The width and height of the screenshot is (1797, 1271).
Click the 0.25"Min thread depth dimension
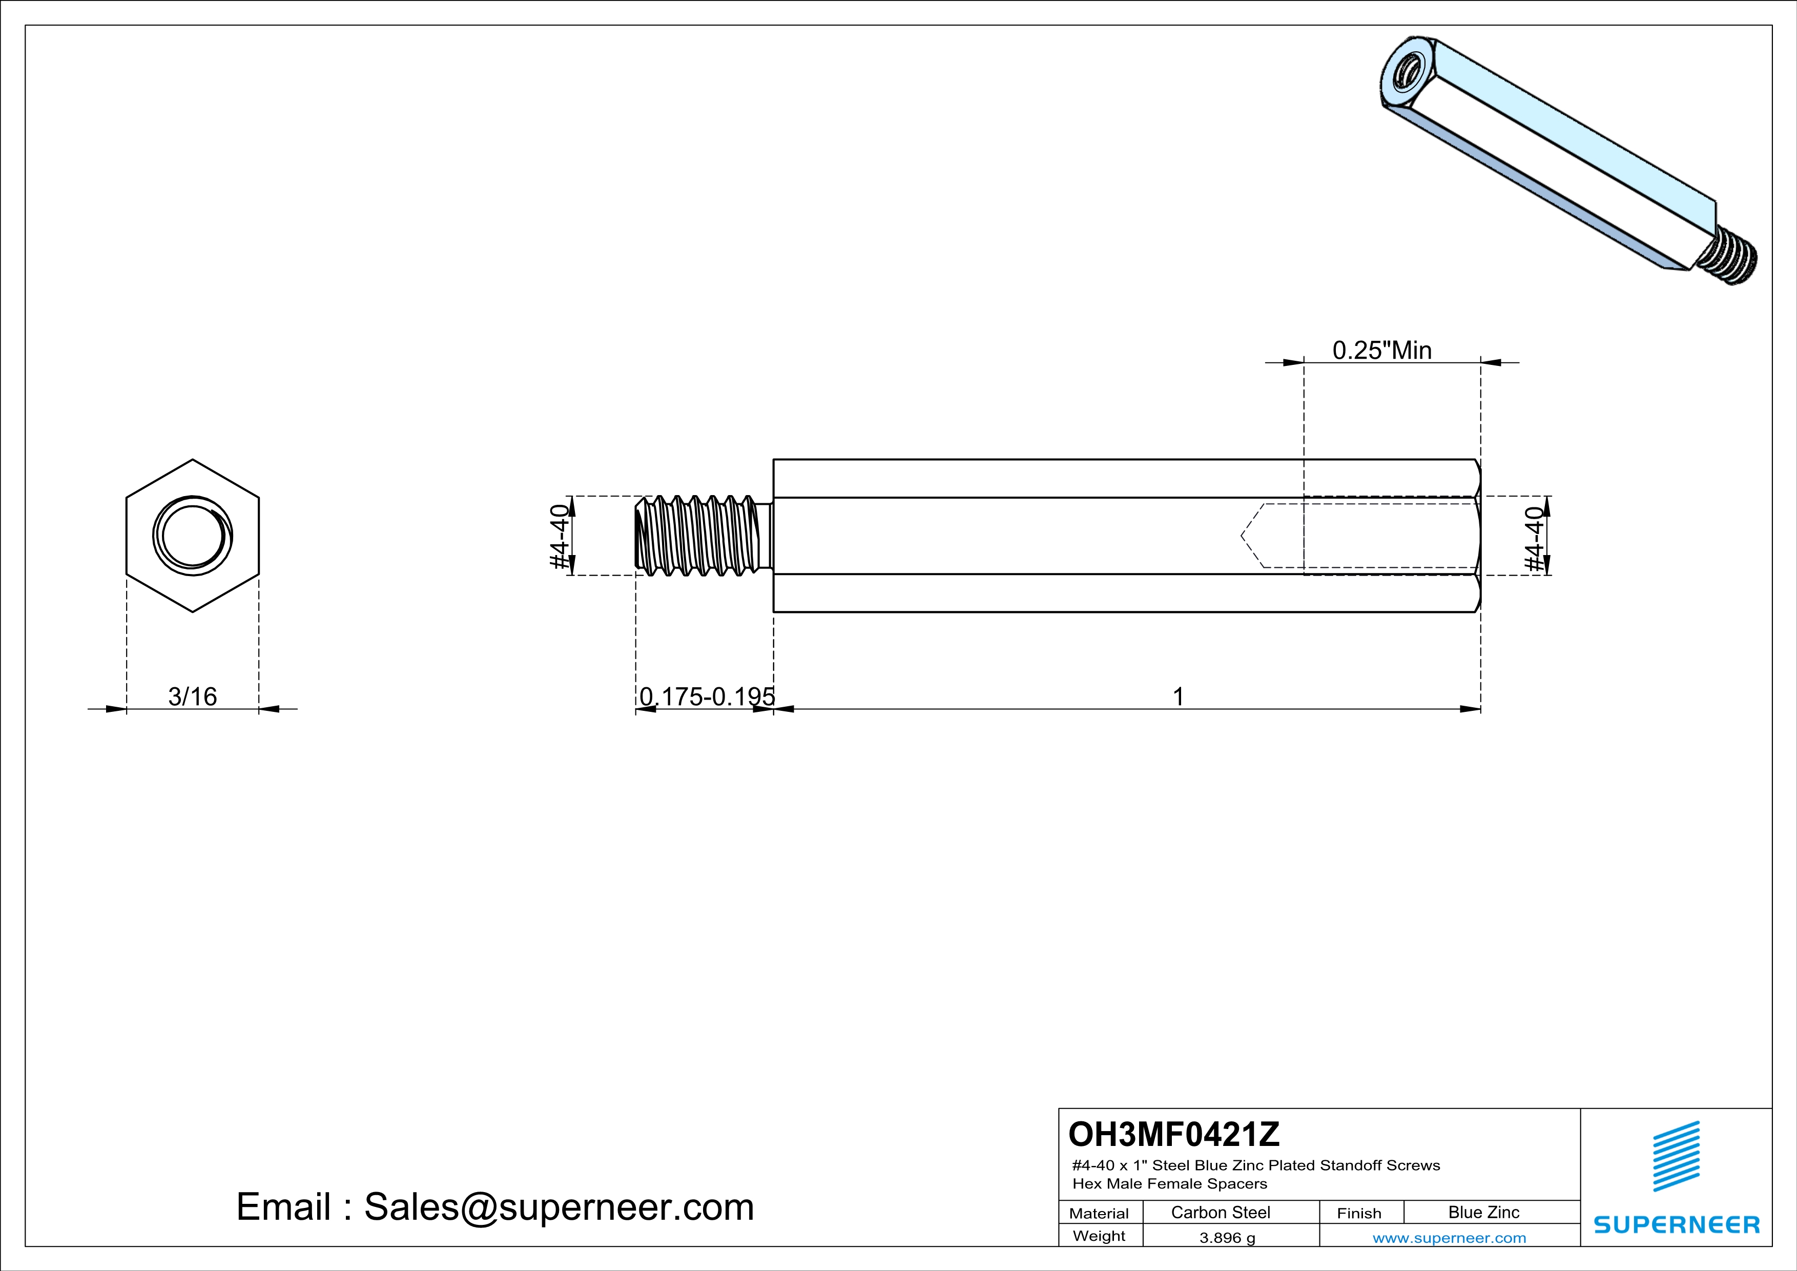tap(1382, 350)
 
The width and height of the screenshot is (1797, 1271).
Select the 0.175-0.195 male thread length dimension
tap(707, 696)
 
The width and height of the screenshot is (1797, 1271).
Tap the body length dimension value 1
tap(1178, 696)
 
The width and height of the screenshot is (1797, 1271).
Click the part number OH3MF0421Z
tap(1173, 1133)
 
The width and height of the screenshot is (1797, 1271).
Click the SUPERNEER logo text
tap(1677, 1225)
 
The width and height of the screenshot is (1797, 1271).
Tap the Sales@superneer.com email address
tap(559, 1207)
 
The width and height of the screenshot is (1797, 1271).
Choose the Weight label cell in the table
tap(1099, 1236)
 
